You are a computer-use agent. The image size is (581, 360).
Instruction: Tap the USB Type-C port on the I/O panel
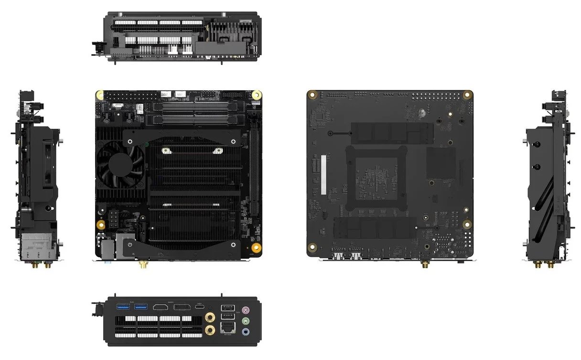199,307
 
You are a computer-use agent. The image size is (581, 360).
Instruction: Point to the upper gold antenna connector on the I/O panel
210,317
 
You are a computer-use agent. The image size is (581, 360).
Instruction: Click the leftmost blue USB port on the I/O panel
122,307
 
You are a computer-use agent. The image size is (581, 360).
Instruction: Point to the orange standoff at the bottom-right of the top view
256,248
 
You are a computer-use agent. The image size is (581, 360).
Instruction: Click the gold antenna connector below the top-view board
142,263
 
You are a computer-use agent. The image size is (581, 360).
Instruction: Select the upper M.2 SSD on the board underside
392,133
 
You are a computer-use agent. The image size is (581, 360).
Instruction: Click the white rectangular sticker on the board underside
323,174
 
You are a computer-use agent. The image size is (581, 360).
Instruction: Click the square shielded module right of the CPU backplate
440,163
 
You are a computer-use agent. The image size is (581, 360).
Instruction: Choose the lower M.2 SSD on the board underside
375,228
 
